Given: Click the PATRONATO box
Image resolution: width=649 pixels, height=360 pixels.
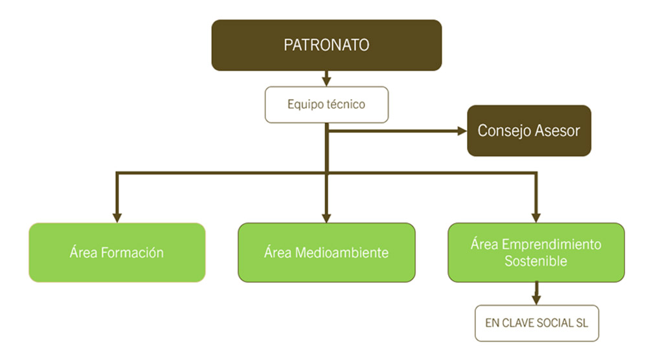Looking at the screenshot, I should (x=326, y=45).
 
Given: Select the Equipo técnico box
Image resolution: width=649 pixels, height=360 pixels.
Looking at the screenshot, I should (x=326, y=104).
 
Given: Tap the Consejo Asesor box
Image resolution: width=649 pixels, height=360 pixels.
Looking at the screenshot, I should (x=529, y=131).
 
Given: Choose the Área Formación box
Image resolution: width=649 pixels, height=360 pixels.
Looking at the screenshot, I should (x=117, y=253).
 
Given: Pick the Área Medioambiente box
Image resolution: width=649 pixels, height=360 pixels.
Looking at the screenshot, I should (x=326, y=253).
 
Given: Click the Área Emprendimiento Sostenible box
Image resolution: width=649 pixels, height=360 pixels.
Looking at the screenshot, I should (x=536, y=253).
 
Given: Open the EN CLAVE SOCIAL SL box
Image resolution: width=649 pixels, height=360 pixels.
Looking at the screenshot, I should (x=536, y=322).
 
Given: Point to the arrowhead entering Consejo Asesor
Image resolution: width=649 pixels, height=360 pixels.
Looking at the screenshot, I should (x=462, y=131).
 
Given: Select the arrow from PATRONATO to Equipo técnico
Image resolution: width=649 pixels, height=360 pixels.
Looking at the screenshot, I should (x=326, y=79).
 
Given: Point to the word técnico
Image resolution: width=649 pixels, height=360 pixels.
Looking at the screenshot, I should (x=348, y=104).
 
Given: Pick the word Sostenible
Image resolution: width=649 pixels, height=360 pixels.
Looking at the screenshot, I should (x=536, y=262).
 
